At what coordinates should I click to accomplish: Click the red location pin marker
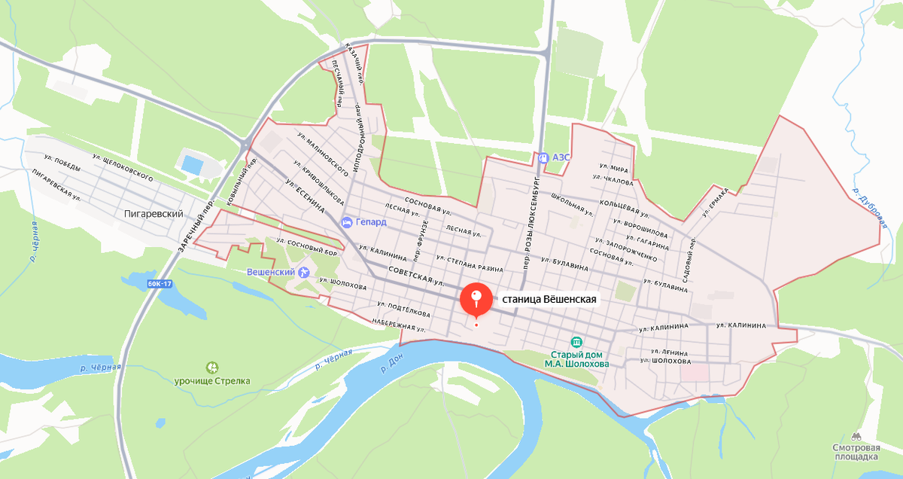click(476, 299)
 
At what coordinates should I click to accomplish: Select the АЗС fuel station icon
click(543, 157)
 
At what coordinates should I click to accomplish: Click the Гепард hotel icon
click(346, 222)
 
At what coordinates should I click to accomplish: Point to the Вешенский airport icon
click(304, 272)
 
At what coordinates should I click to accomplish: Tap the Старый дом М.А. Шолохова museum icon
click(576, 342)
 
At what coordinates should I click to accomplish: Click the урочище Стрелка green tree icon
click(213, 368)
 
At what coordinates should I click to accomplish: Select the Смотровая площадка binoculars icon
click(856, 435)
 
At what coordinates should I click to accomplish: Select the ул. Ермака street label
click(716, 202)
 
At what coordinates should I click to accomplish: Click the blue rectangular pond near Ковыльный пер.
click(192, 163)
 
